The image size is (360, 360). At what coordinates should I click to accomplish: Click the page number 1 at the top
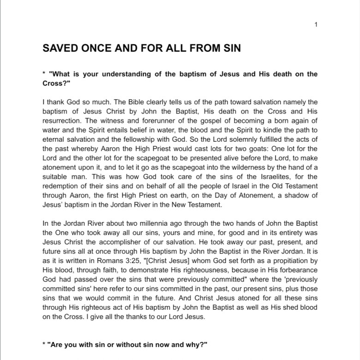[x=315, y=24]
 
